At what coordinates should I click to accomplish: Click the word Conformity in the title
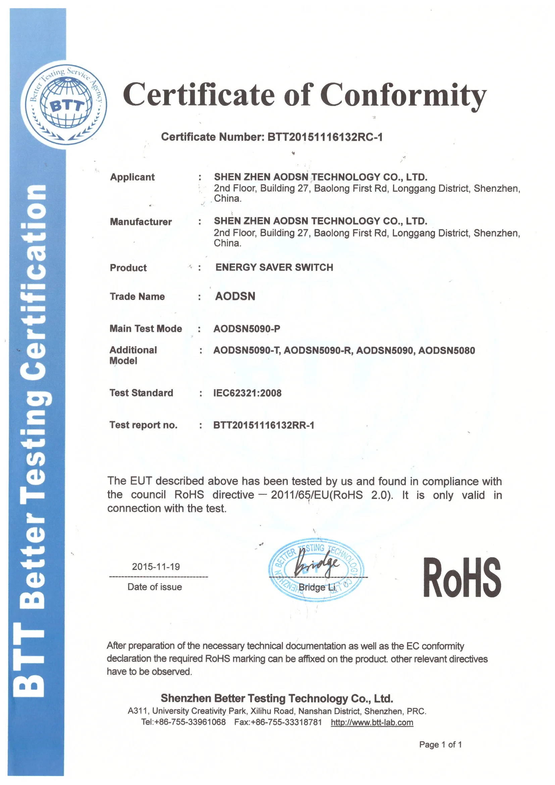pyautogui.click(x=403, y=95)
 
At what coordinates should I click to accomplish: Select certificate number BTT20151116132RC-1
pyautogui.click(x=325, y=137)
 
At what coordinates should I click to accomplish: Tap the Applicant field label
pyautogui.click(x=132, y=177)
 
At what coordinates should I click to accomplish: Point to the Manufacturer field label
pyautogui.click(x=141, y=222)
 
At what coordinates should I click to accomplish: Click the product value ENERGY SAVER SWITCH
pyautogui.click(x=274, y=267)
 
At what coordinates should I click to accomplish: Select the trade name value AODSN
pyautogui.click(x=235, y=296)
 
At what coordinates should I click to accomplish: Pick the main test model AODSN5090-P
pyautogui.click(x=247, y=329)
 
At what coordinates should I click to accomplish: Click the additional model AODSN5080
pyautogui.click(x=447, y=351)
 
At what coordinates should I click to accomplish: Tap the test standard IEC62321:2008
pyautogui.click(x=247, y=393)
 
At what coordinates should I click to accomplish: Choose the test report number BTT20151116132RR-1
pyautogui.click(x=264, y=425)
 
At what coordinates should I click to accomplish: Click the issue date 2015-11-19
pyautogui.click(x=156, y=567)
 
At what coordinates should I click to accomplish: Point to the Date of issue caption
pyautogui.click(x=154, y=587)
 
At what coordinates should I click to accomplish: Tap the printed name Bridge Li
pyautogui.click(x=317, y=587)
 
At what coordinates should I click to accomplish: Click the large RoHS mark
pyautogui.click(x=462, y=578)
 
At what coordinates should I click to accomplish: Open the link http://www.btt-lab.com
pyautogui.click(x=372, y=723)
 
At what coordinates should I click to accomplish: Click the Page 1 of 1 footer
pyautogui.click(x=441, y=745)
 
